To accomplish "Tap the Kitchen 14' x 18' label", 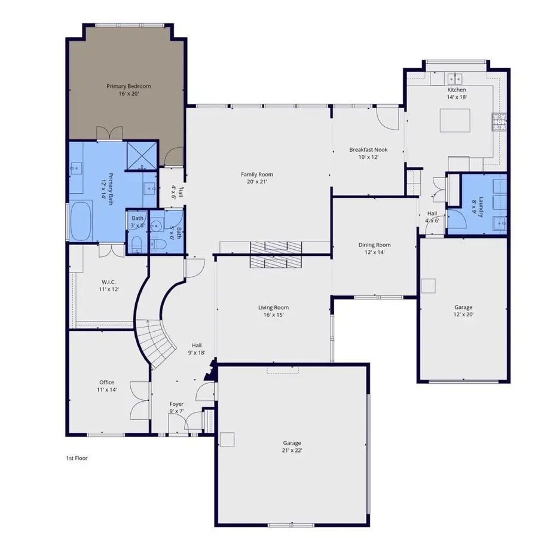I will coord(456,93).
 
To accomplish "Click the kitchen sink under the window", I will coord(456,78).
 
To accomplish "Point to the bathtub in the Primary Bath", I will coord(81,221).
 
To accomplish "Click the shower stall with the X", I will coord(142,155).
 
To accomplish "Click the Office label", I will coord(107,386).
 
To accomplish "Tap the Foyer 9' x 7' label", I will coord(176,408).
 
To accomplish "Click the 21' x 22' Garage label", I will coord(292,447).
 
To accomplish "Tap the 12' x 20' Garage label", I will coord(463,311).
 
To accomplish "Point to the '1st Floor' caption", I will coord(77,458).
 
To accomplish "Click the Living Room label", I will coord(274,311).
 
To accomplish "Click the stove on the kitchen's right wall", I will coord(499,122).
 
